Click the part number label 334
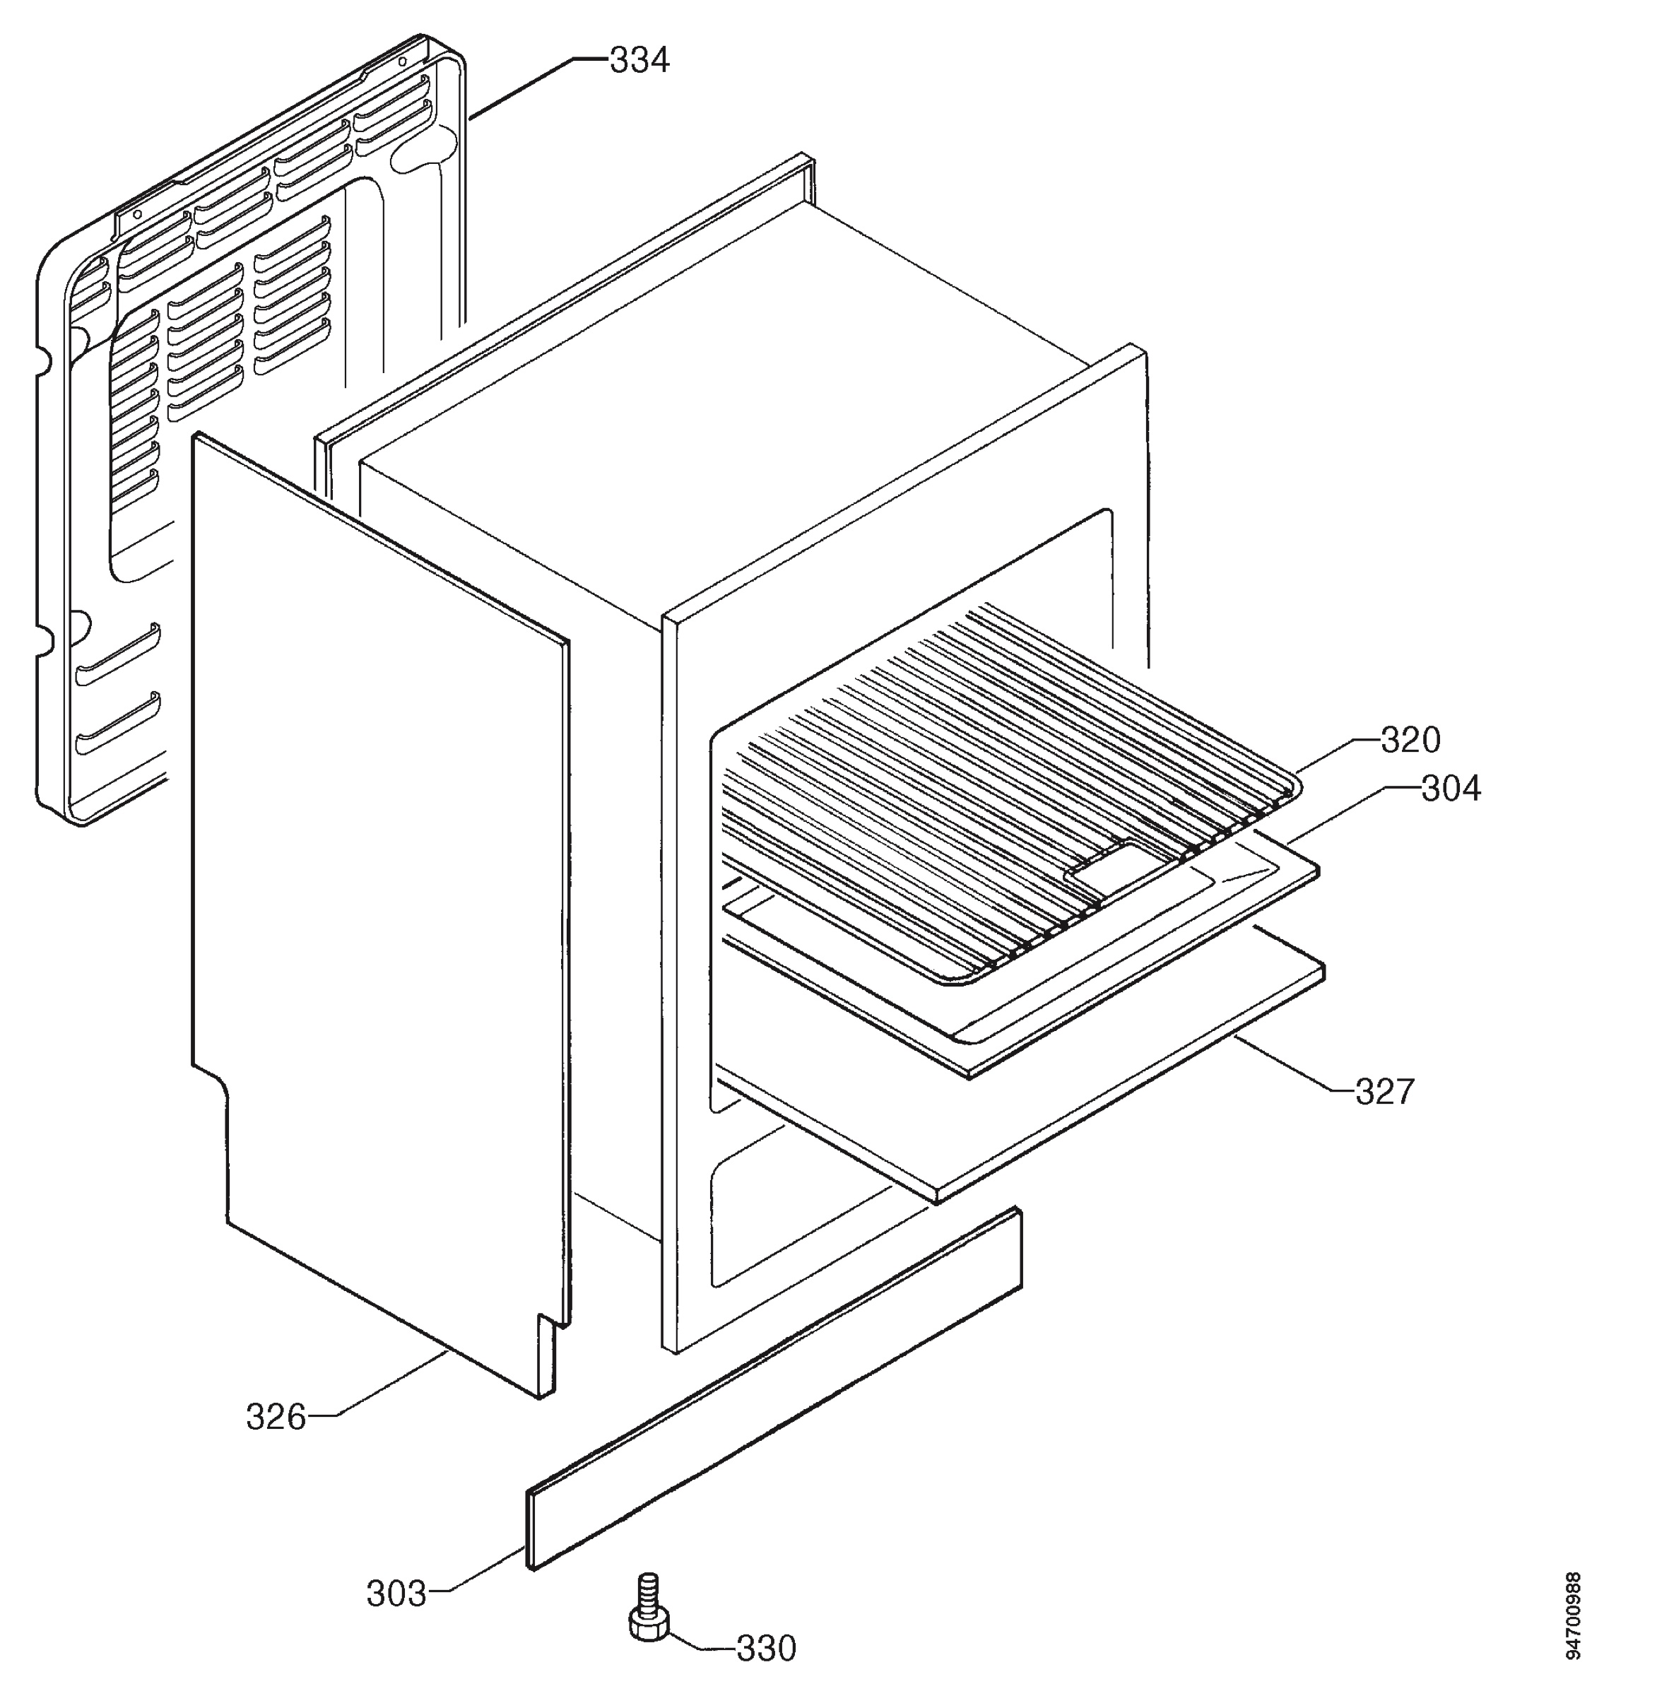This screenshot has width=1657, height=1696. click(639, 60)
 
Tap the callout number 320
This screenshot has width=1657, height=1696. click(1410, 740)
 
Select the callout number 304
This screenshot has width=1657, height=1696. click(1451, 789)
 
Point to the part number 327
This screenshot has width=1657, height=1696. click(1386, 1091)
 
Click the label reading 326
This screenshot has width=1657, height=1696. click(276, 1418)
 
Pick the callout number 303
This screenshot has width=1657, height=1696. click(396, 1594)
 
